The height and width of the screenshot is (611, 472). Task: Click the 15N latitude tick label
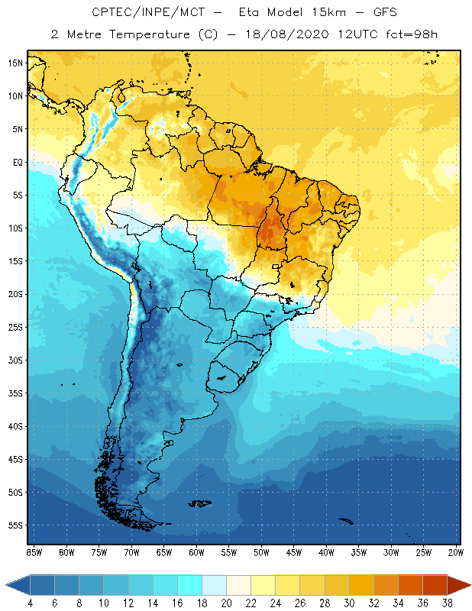click(15, 63)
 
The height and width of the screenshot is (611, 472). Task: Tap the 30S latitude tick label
click(15, 360)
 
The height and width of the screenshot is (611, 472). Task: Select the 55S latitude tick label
click(15, 525)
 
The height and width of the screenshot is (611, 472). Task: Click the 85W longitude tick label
click(34, 551)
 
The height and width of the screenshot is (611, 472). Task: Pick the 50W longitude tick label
click(261, 551)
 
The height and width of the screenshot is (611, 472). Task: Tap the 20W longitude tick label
click(456, 551)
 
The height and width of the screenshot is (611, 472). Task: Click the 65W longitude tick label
click(163, 551)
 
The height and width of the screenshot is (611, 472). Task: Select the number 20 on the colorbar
click(226, 603)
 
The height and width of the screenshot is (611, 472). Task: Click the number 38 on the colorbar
click(448, 603)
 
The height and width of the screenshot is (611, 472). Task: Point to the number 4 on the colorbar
click(30, 603)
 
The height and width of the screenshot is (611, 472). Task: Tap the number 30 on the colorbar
click(349, 603)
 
